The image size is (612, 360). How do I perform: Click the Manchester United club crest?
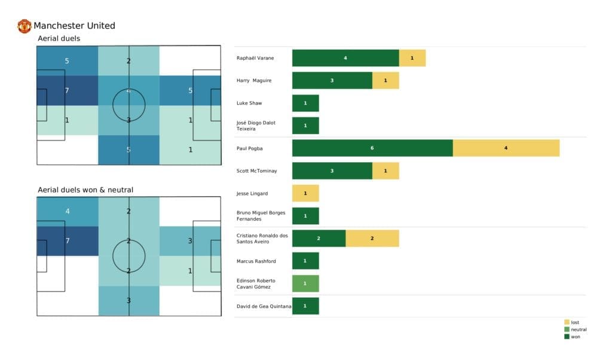click(25, 26)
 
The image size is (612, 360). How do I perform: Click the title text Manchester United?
click(74, 26)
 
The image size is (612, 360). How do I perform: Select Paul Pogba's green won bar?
click(372, 148)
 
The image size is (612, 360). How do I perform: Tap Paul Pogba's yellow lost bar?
click(506, 148)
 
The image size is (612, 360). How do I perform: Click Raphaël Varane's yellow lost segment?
click(412, 58)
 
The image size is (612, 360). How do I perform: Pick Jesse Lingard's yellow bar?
click(305, 193)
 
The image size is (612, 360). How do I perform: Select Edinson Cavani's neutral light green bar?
click(305, 283)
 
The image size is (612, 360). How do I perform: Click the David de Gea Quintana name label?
click(264, 306)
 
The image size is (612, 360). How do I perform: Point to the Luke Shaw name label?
click(249, 103)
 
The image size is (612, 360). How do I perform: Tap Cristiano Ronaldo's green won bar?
click(319, 238)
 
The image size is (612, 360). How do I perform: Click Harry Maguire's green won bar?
click(332, 81)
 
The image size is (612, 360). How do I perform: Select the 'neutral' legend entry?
click(574, 330)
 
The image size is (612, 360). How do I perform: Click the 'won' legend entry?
click(571, 337)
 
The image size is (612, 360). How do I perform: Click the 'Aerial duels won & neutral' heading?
click(85, 190)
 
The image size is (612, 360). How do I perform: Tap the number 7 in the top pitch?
click(67, 90)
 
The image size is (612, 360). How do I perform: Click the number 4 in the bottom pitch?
click(67, 211)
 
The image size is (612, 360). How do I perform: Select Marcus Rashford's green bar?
click(305, 261)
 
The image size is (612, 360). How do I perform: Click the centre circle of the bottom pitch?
click(128, 256)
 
